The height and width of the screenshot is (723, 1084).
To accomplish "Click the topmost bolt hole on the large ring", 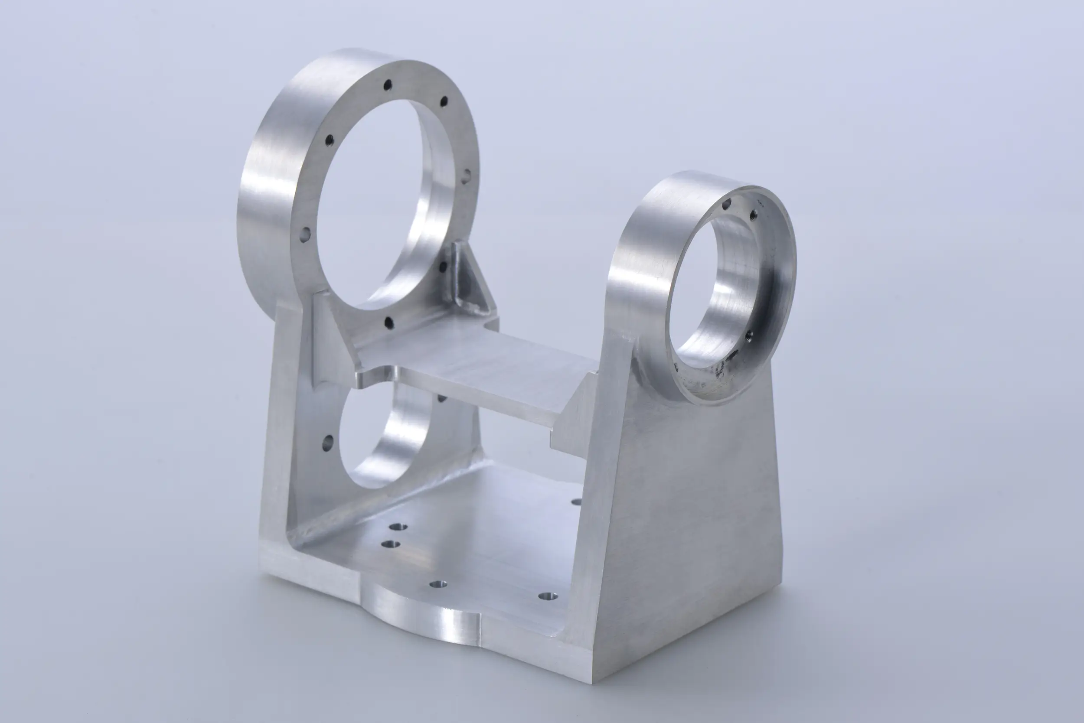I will click(x=388, y=85).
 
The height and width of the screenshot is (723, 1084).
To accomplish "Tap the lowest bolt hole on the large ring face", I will click(x=389, y=322).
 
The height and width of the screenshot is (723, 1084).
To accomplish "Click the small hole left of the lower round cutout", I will click(x=327, y=443).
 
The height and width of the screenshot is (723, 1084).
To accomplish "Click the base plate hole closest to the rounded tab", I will click(x=438, y=584).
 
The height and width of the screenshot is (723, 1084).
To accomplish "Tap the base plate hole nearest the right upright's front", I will click(x=548, y=596).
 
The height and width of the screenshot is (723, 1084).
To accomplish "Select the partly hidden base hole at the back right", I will click(x=576, y=501).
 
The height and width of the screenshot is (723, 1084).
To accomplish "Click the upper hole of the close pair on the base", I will click(x=398, y=527).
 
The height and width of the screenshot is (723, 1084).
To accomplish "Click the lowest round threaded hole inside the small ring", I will click(x=749, y=334).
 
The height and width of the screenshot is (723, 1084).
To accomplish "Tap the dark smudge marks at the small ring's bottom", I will click(x=722, y=369).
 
